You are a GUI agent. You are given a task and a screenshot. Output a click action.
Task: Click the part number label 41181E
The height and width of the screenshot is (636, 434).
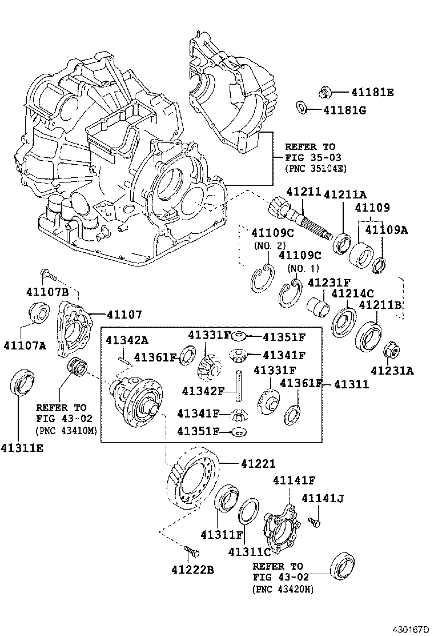(x=372, y=92)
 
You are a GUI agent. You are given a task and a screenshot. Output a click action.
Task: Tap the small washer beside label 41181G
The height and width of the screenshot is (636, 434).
(x=300, y=108)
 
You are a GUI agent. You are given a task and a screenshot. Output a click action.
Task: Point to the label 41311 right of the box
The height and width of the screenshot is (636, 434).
(x=351, y=384)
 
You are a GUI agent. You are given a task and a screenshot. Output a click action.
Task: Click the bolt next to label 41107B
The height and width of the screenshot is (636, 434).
(x=50, y=275)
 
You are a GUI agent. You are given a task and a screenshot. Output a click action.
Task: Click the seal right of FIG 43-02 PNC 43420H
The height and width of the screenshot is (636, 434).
(x=343, y=566)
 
